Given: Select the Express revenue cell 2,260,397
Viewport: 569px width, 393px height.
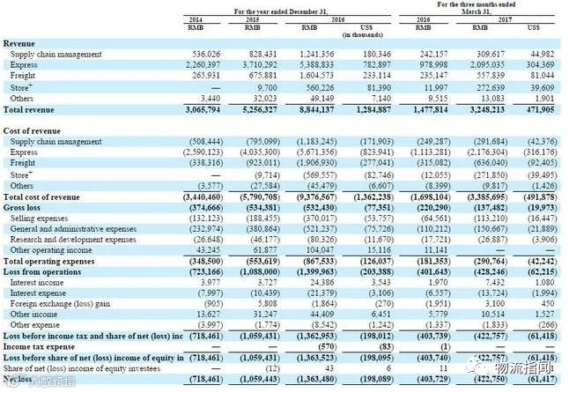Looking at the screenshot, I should click(202, 64).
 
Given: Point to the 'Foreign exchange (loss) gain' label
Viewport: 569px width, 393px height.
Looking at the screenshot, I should click(60, 304).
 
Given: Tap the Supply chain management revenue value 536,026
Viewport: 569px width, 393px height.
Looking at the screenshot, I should click(204, 54).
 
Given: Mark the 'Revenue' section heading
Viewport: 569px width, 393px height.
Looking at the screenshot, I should click(19, 43).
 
